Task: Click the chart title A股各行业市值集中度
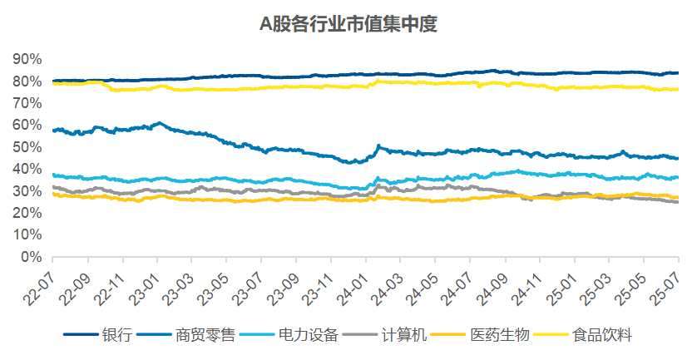[348, 25]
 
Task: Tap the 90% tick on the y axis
[27, 59]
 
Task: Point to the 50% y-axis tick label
[27, 147]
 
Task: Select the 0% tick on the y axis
[31, 258]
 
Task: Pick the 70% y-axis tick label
[27, 103]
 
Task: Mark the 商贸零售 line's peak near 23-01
[160, 123]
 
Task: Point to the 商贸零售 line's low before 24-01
[354, 162]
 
